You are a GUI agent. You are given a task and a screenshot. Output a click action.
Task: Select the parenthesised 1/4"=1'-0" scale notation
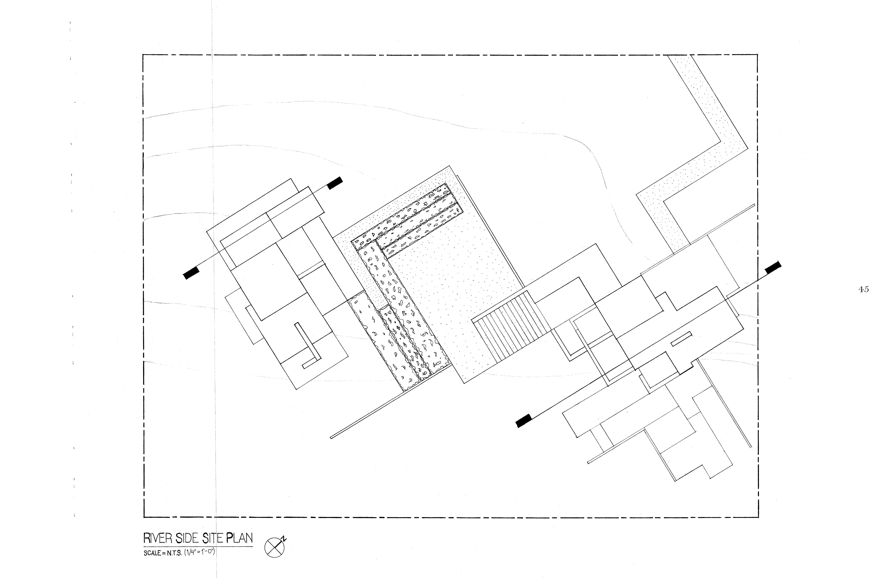[199, 552]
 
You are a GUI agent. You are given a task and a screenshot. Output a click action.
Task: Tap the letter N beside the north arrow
[285, 539]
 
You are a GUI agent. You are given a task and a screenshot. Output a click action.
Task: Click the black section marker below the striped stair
[524, 421]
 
